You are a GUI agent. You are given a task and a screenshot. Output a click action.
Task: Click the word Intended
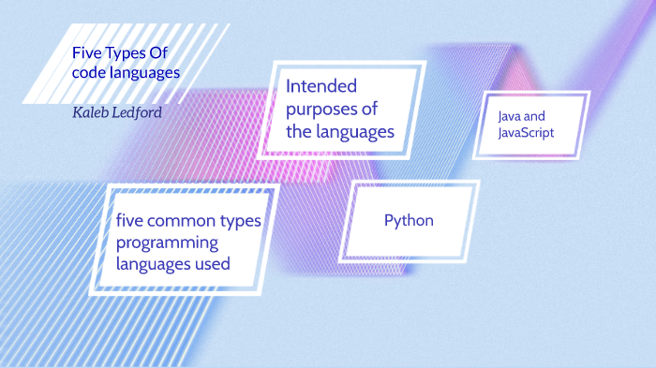coord(321,87)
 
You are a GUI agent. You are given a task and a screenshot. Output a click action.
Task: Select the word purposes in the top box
coord(324,110)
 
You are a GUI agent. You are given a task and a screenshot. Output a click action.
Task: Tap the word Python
coord(409,221)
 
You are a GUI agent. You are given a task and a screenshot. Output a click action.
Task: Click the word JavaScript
coord(528,133)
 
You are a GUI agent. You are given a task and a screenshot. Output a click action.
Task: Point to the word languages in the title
coord(145,72)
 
